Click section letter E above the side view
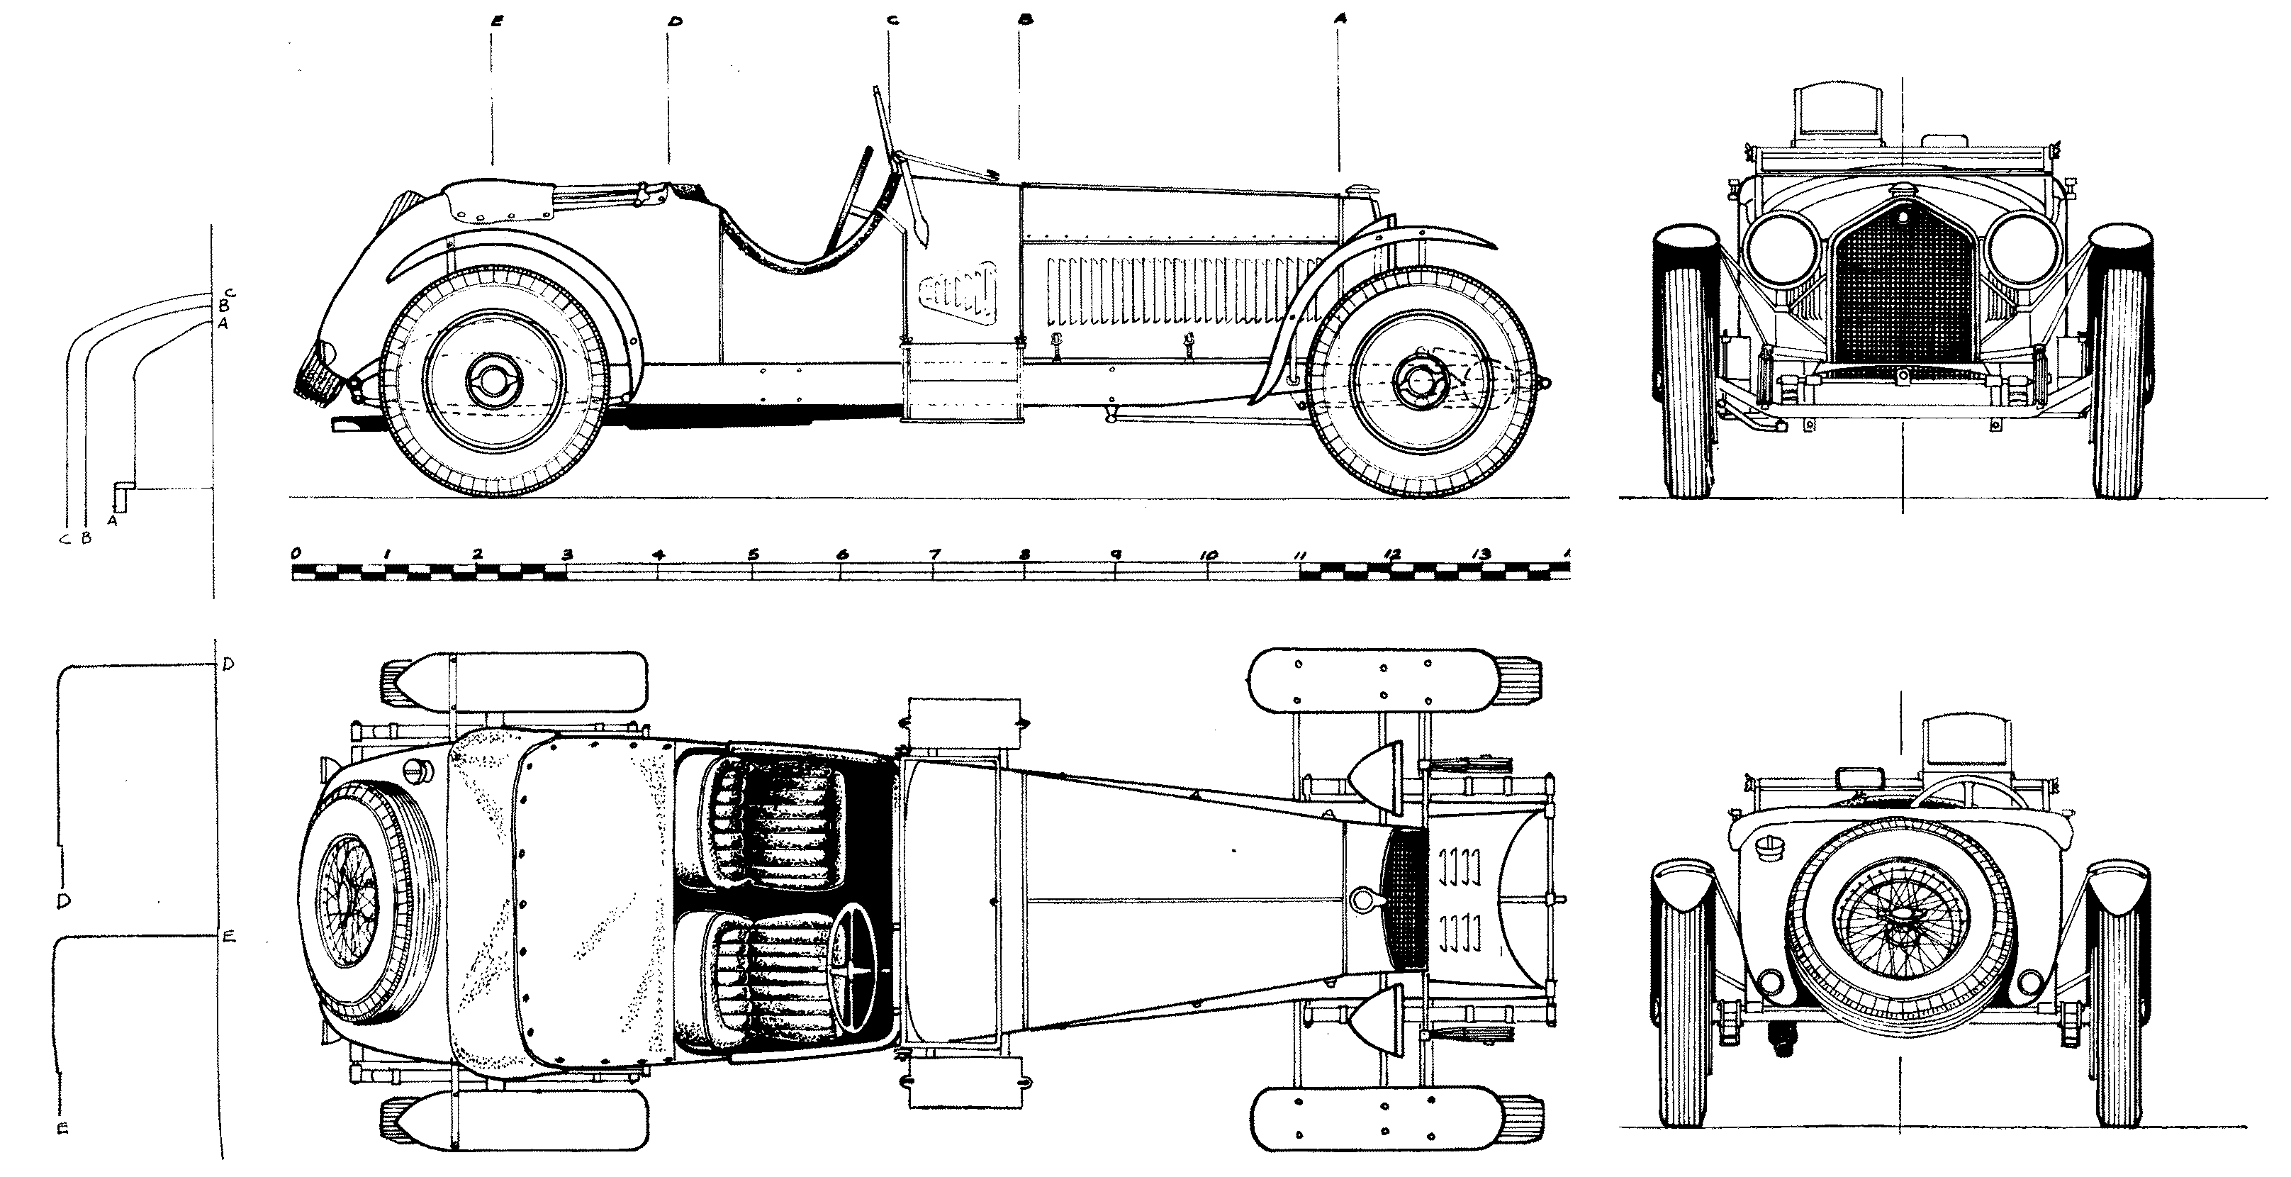(495, 21)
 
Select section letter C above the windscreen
(892, 21)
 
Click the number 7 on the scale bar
(934, 555)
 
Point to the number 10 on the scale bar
(1208, 555)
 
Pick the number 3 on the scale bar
(567, 555)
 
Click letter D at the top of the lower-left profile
(228, 664)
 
